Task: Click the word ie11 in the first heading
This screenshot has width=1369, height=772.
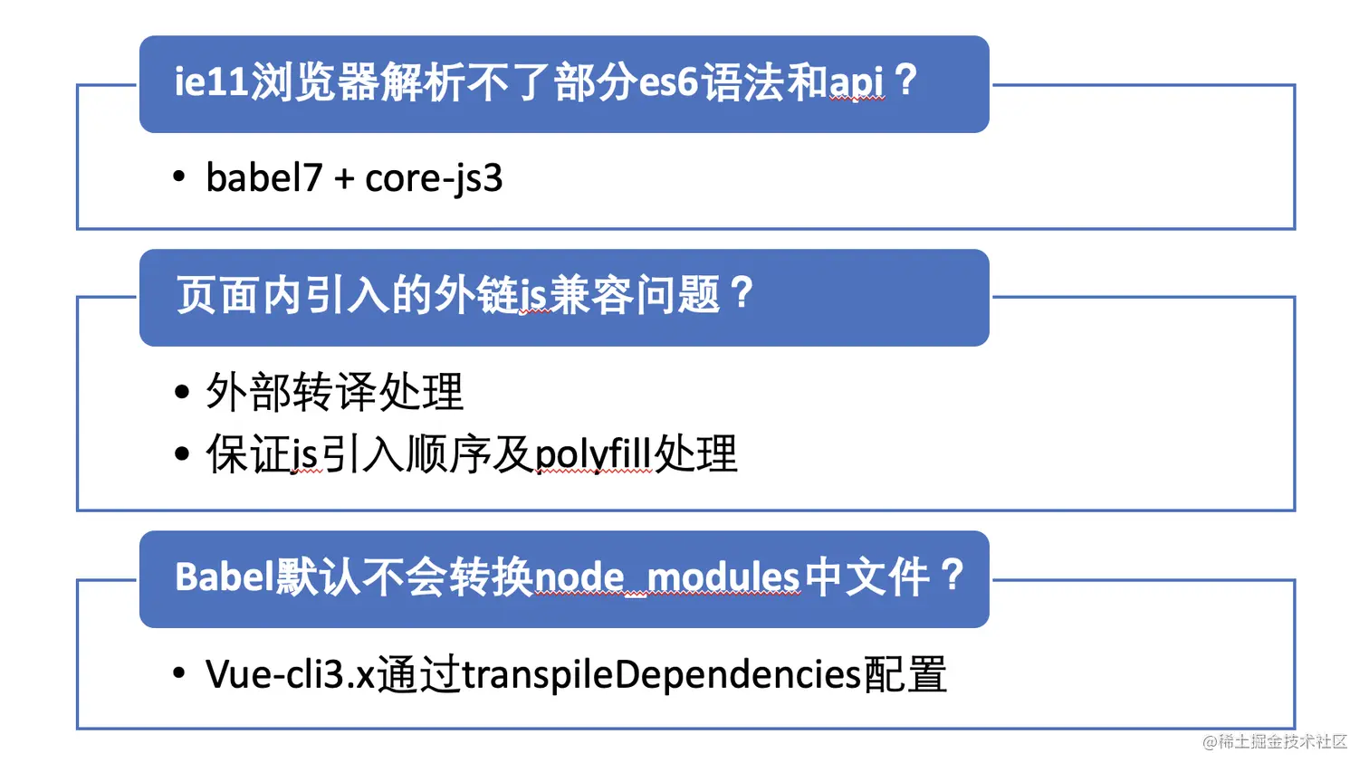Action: [x=211, y=82]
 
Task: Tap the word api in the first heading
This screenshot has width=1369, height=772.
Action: [x=857, y=82]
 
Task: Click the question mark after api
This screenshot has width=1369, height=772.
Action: [x=905, y=81]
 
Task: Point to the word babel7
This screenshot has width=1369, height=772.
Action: [x=263, y=178]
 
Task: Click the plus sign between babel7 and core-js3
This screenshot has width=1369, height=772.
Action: [x=343, y=179]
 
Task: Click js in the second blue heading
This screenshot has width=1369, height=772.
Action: [x=535, y=296]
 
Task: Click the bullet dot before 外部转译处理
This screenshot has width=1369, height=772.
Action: [x=182, y=393]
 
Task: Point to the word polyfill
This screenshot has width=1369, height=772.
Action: [x=593, y=454]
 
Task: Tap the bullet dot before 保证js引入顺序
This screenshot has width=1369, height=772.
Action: [x=182, y=453]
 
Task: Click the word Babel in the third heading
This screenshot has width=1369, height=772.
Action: [x=224, y=577]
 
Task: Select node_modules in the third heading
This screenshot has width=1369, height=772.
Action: [x=667, y=577]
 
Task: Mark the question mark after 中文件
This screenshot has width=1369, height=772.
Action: [x=952, y=575]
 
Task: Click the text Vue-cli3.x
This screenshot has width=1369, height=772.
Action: [x=290, y=675]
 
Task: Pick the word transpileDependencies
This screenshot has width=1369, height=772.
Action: [x=661, y=675]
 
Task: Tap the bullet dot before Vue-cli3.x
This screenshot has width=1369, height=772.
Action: [x=179, y=672]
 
